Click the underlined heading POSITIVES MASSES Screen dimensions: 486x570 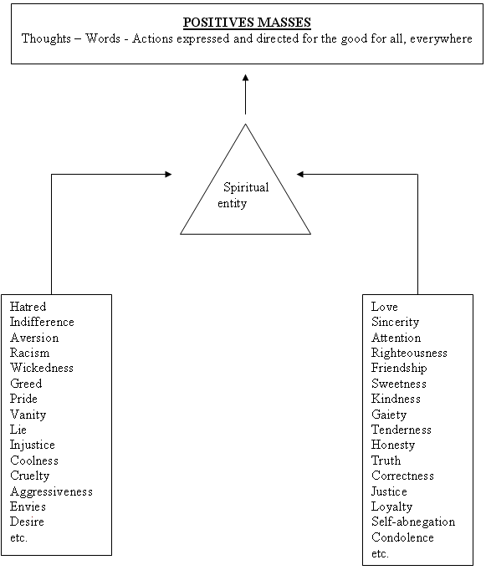[x=247, y=23]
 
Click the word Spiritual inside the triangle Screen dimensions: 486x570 [x=246, y=187]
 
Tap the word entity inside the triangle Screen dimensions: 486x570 [x=232, y=203]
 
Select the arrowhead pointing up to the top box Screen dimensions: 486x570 [x=246, y=78]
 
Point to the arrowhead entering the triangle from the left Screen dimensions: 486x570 [x=168, y=174]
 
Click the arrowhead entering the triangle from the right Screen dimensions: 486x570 [x=300, y=174]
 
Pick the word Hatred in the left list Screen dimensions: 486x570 [x=28, y=307]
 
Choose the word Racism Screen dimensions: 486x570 [x=29, y=353]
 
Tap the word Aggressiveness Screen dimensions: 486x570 [x=51, y=491]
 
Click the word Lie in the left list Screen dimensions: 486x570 [x=18, y=430]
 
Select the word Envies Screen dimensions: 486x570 [x=28, y=506]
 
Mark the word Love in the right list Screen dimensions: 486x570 [x=385, y=307]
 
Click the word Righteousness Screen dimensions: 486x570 [x=409, y=353]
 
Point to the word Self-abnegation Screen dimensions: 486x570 [x=413, y=522]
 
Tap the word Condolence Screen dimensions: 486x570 [x=402, y=537]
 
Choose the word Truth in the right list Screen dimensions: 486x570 [x=386, y=461]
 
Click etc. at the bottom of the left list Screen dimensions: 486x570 [x=19, y=537]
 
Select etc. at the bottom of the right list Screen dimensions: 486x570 [x=380, y=553]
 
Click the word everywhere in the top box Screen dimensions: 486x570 [x=441, y=39]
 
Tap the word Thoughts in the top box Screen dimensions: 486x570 [x=47, y=38]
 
